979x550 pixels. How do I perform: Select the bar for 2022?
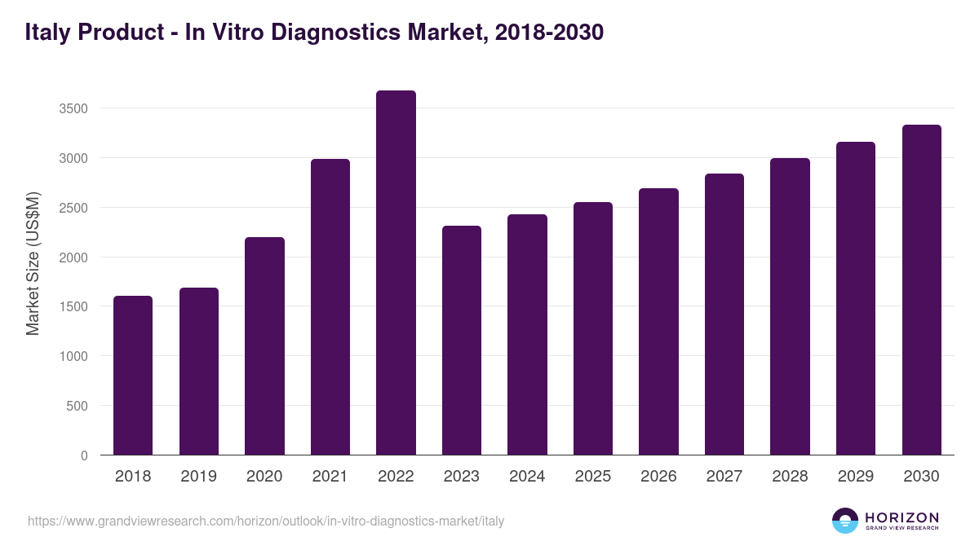396,273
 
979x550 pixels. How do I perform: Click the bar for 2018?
133,376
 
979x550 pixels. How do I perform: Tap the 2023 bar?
462,341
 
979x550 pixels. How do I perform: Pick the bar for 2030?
922,290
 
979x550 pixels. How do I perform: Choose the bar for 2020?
264,346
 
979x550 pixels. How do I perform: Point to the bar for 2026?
658,322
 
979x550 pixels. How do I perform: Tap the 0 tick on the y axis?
84,455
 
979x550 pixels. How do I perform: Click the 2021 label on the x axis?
330,477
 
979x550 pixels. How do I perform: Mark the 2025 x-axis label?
592,477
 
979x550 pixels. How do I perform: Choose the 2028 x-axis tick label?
790,477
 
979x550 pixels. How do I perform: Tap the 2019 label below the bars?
198,477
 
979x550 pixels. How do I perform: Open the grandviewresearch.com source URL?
266,521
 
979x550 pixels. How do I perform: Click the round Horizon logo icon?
845,521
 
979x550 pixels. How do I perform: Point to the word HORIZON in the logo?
902,517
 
